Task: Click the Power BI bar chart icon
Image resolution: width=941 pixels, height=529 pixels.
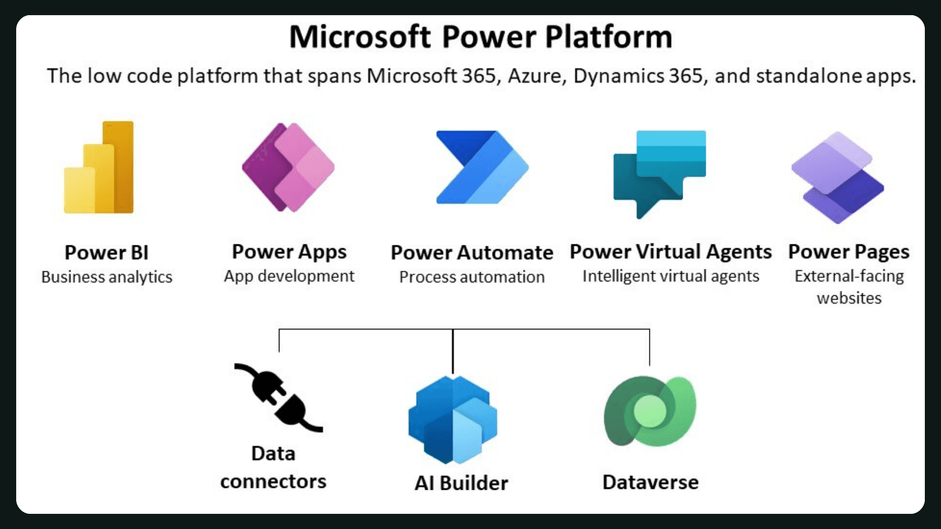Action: pos(99,168)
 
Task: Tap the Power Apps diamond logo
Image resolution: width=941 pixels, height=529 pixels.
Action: pos(288,167)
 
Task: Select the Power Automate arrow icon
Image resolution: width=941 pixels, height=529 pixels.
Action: pos(482,167)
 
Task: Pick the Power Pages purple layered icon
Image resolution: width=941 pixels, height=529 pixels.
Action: pos(838,177)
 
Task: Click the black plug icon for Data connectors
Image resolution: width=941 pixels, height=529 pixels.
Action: pos(277,398)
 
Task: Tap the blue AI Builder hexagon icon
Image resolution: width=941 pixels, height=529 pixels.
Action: pos(453,420)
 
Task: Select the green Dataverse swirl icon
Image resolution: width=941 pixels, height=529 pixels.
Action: pos(650,411)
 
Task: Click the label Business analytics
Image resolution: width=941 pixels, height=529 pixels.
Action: pos(107,277)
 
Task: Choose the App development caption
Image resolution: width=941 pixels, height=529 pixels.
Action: pos(289,276)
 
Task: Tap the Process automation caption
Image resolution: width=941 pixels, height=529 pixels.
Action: pos(472,277)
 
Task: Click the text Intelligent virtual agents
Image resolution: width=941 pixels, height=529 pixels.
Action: pos(670,276)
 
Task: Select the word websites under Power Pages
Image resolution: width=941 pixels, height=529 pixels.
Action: pos(849,298)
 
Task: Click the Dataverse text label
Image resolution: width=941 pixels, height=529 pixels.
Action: pos(650,482)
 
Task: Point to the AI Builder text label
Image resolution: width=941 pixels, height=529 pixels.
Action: pos(461,483)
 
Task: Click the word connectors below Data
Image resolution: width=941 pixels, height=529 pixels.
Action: pos(273,482)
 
